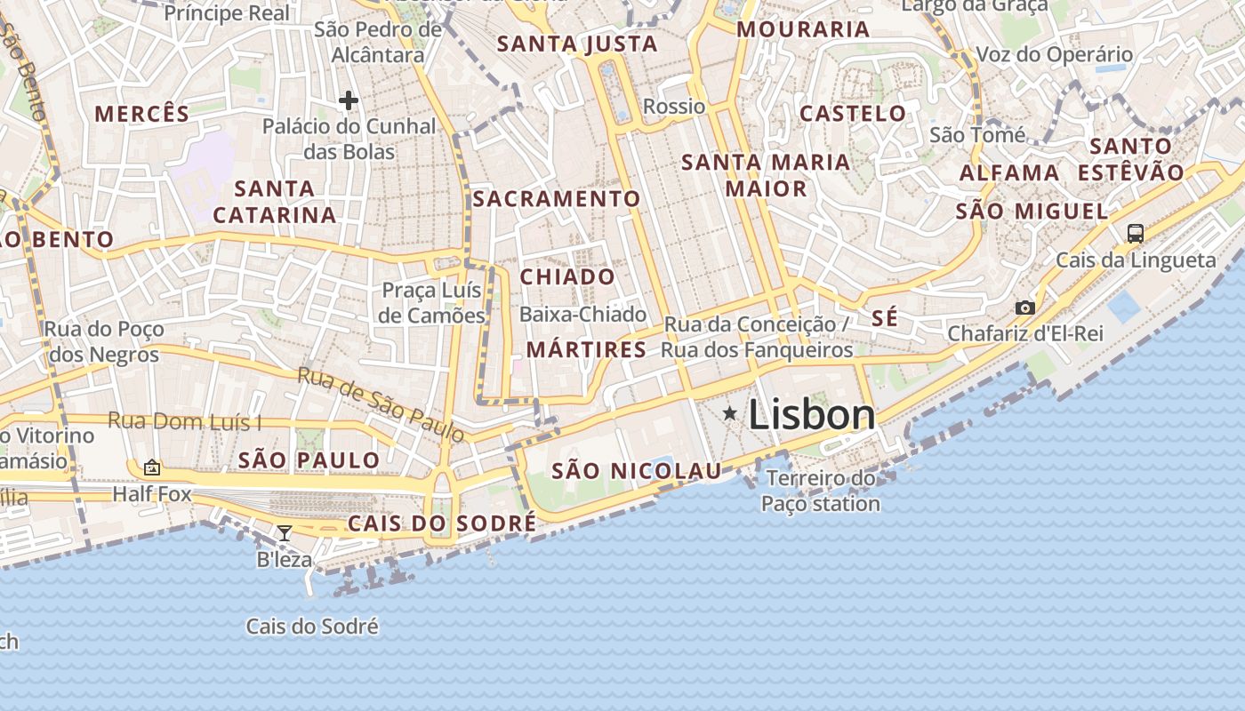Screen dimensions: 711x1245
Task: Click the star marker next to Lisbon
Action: pos(730,412)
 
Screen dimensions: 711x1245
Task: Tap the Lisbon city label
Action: pos(812,415)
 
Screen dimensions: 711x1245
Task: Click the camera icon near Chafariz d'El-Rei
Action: pos(1025,308)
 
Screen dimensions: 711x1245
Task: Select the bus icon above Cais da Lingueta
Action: pos(1135,233)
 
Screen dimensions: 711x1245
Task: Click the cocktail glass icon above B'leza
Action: pos(285,533)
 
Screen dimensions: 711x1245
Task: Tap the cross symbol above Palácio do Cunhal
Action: pos(348,100)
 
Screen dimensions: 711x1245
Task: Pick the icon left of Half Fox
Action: pos(152,467)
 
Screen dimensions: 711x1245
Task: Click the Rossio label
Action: pos(674,107)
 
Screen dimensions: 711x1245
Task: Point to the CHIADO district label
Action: pos(567,276)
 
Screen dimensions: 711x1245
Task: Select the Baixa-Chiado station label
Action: pos(582,314)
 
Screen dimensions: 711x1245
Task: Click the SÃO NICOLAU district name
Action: pos(637,471)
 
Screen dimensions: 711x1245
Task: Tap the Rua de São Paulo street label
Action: pos(381,404)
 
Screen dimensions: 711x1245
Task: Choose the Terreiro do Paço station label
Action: pos(820,491)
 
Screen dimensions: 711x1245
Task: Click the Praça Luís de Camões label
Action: pos(432,302)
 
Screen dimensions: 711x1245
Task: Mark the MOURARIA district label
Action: pos(803,29)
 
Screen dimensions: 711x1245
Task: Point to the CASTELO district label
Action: pos(853,114)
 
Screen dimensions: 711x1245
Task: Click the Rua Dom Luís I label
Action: pos(185,421)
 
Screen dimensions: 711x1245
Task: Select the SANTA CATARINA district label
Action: pos(275,201)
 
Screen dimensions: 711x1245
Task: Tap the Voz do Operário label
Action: pos(1055,54)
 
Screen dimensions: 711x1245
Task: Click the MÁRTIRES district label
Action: pos(586,349)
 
